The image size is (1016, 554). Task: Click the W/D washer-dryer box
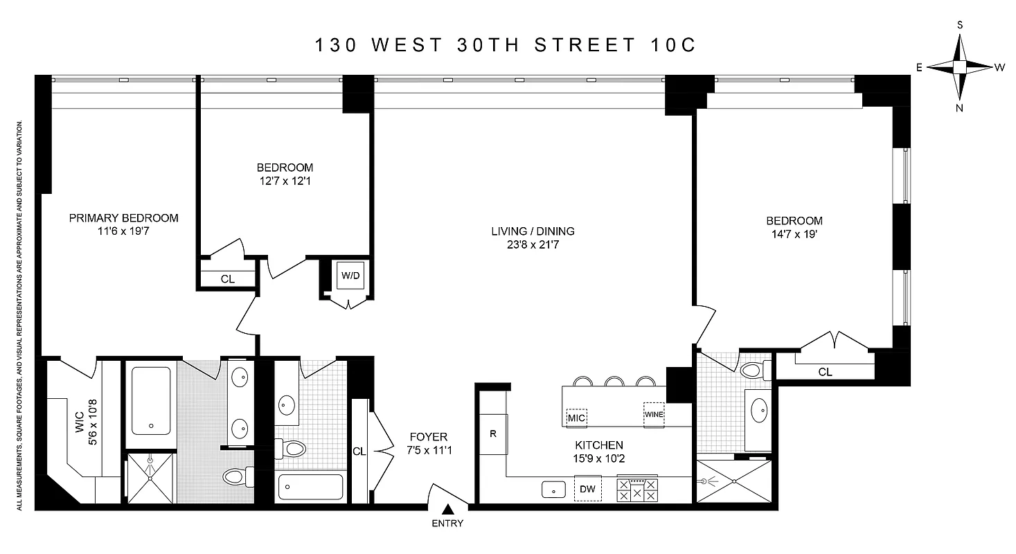(x=348, y=276)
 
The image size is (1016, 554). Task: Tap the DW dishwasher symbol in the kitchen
(x=588, y=490)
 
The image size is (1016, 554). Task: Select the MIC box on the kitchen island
(x=577, y=418)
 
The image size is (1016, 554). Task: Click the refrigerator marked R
(x=494, y=434)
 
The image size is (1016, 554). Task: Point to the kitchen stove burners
(x=637, y=490)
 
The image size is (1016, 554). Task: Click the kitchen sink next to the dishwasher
(x=554, y=489)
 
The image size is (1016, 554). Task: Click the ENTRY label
(x=447, y=524)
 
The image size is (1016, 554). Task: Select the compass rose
(x=960, y=66)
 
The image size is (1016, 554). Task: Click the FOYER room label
(x=429, y=437)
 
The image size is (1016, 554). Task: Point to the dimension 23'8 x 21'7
(x=533, y=244)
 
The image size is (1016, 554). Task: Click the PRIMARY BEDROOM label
(x=123, y=218)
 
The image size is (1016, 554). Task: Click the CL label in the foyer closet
(x=359, y=452)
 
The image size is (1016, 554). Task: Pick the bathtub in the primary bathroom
(x=150, y=400)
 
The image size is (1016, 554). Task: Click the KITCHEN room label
(x=599, y=445)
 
